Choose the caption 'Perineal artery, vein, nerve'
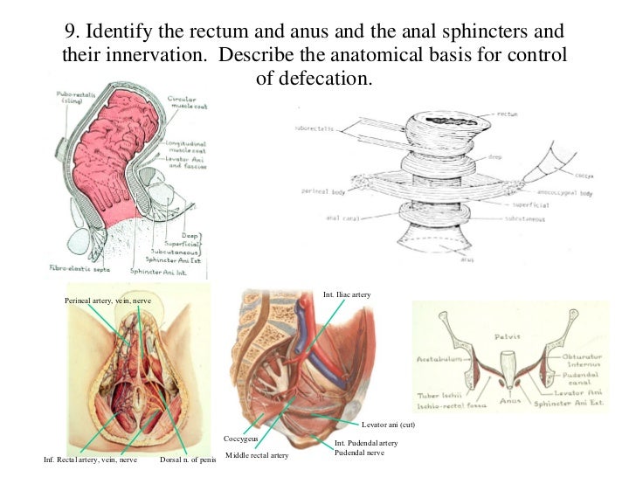click(114, 300)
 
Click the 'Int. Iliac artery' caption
click(348, 295)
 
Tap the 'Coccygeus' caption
click(240, 439)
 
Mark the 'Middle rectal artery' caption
click(257, 456)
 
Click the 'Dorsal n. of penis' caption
click(190, 460)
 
